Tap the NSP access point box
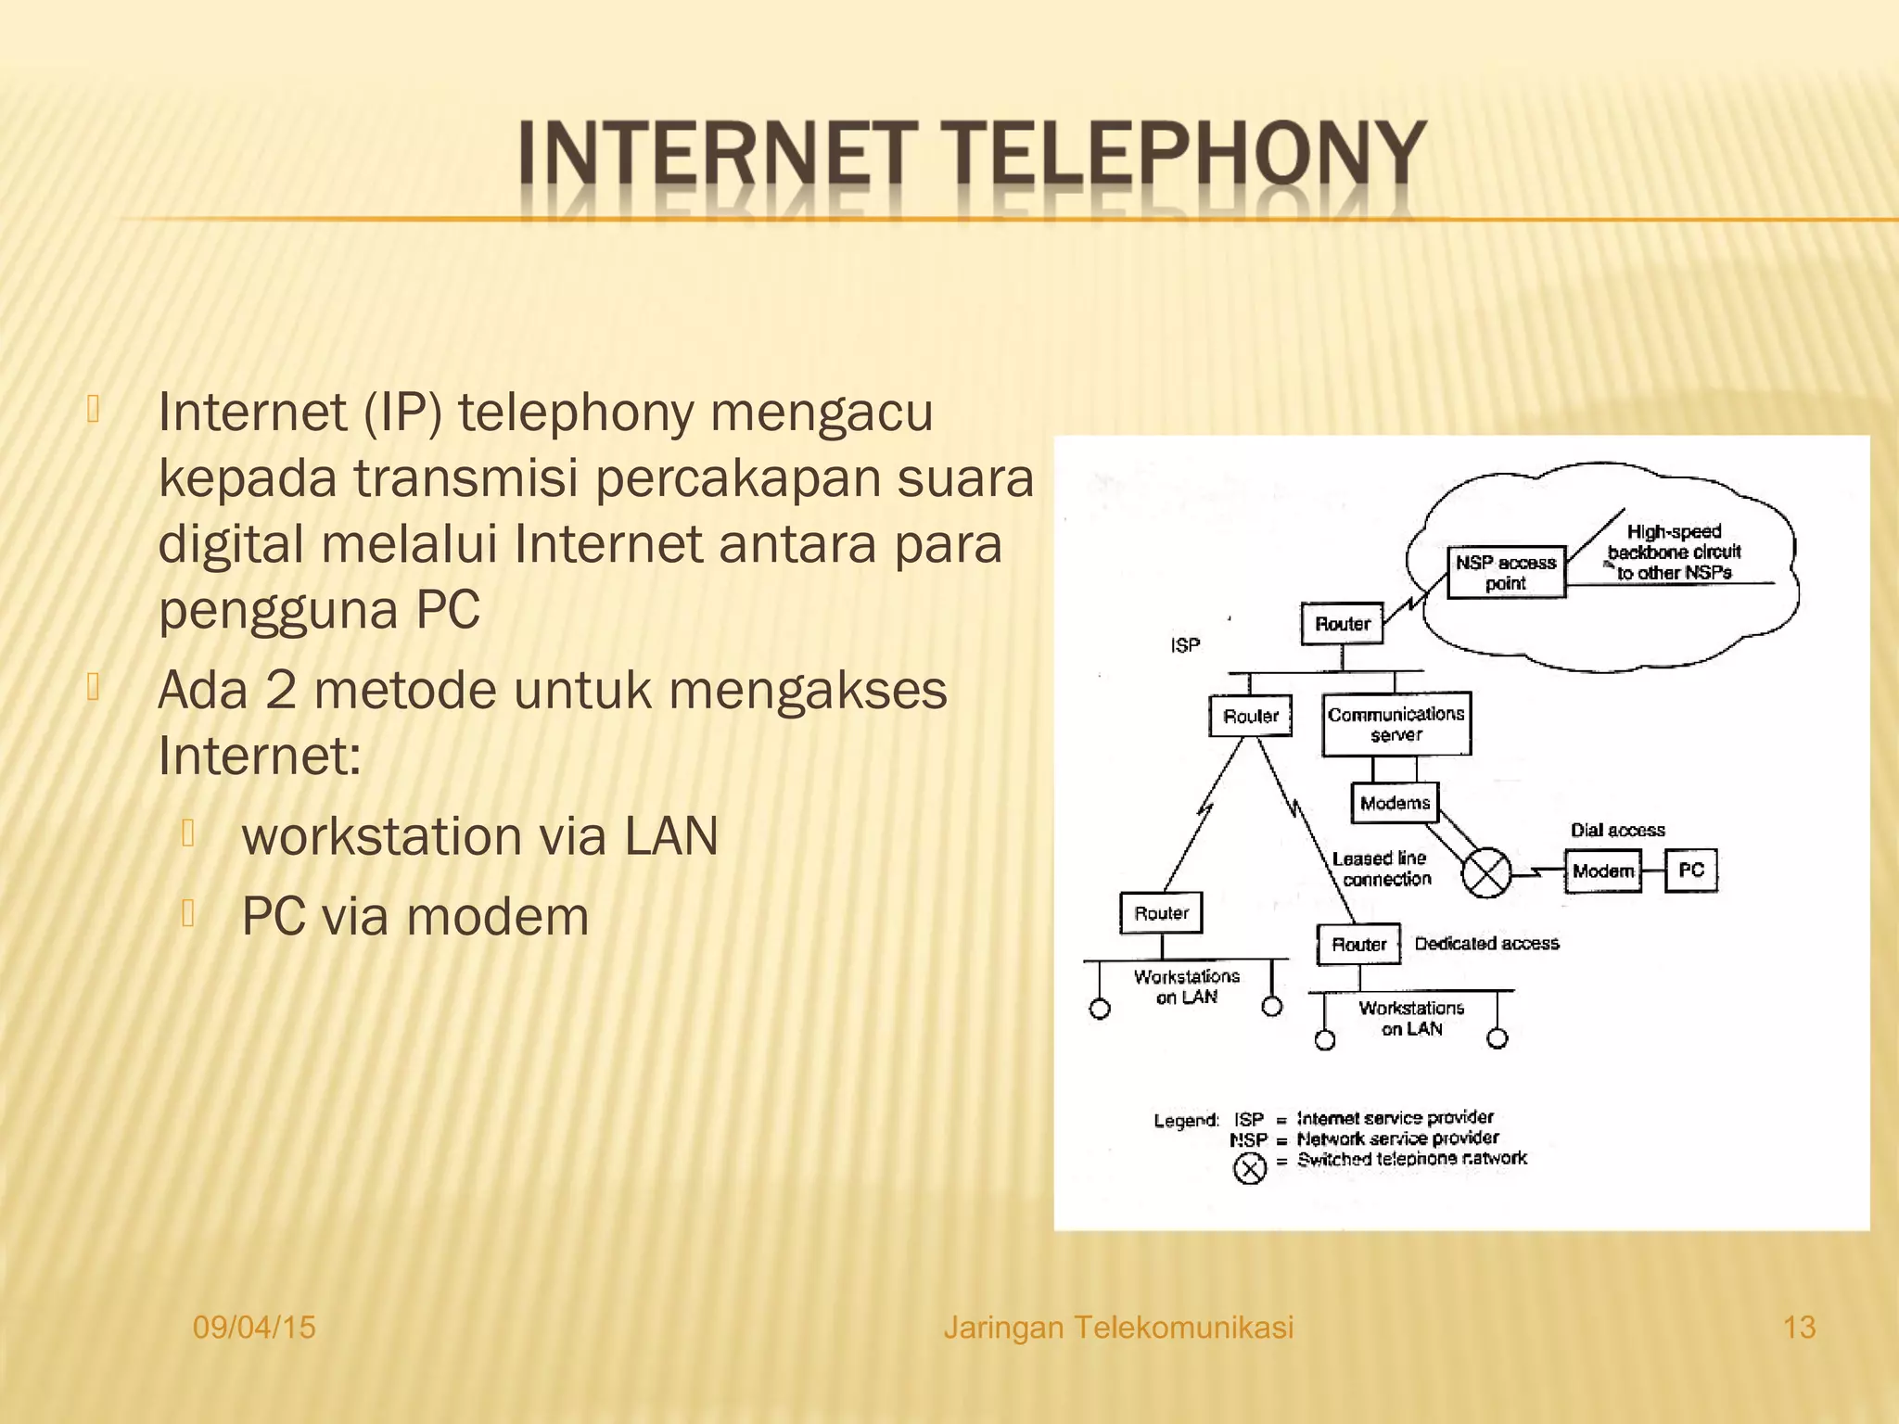click(x=1506, y=572)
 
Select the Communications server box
click(x=1396, y=724)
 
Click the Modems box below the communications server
click(x=1395, y=803)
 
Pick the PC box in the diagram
click(x=1691, y=871)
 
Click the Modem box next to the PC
click(x=1602, y=871)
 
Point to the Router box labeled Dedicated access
click(x=1358, y=945)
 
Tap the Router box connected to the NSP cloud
click(x=1342, y=624)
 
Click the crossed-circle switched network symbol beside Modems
click(x=1485, y=872)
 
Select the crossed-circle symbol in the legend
click(x=1249, y=1168)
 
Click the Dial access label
click(x=1617, y=830)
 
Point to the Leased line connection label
click(x=1382, y=869)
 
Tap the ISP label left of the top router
click(x=1185, y=645)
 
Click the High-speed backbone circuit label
click(x=1674, y=552)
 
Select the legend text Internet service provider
click(x=1395, y=1117)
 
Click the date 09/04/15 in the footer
click(x=254, y=1328)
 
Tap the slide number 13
click(x=1799, y=1328)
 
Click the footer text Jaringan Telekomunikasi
click(x=1117, y=1328)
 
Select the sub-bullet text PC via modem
click(x=414, y=917)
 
